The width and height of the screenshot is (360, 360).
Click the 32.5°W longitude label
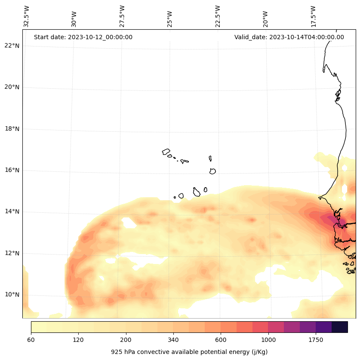[27, 16]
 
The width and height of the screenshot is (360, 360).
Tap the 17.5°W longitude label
[314, 16]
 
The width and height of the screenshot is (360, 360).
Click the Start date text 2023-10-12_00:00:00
[83, 37]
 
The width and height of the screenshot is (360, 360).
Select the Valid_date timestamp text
[289, 37]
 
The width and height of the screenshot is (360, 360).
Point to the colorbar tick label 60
[31, 340]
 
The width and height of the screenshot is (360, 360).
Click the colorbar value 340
[173, 340]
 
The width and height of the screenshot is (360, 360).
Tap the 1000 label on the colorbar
[268, 340]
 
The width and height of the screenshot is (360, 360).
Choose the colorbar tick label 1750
[316, 340]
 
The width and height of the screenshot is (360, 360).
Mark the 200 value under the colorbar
[126, 340]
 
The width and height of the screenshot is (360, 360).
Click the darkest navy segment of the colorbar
[340, 327]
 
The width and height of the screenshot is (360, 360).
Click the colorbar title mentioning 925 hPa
[189, 352]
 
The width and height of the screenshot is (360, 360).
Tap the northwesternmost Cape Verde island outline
[166, 152]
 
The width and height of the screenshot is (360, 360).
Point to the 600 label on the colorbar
[221, 340]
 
